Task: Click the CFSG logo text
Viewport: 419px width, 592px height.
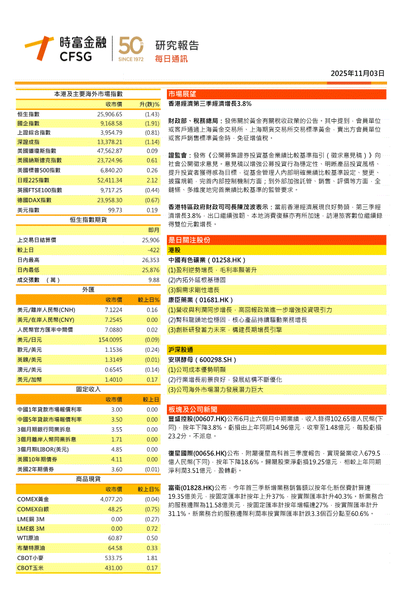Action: pos(76,56)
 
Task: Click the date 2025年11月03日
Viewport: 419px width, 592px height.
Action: pos(358,73)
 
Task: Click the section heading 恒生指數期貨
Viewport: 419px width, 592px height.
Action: pos(88,219)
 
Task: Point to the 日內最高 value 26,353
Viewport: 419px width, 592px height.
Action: pos(151,260)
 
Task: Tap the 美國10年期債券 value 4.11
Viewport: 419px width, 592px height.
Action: pos(117,459)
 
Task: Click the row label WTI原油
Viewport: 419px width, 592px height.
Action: pos(28,538)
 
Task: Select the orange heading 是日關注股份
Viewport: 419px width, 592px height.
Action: pos(189,240)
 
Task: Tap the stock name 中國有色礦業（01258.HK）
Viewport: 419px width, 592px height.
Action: pos(207,260)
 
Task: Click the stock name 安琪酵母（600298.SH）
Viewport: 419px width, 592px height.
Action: pos(203,360)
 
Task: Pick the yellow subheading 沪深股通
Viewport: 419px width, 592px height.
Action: pos(182,350)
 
